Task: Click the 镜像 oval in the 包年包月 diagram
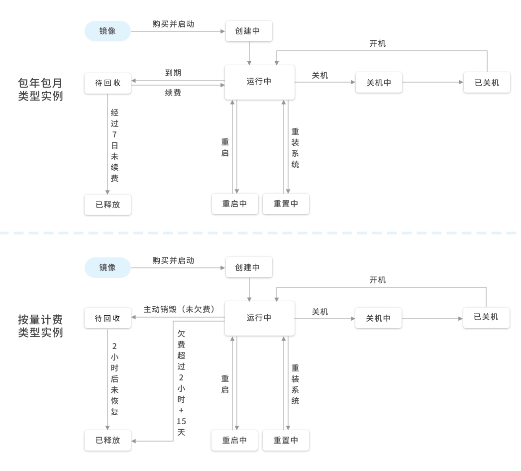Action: click(107, 31)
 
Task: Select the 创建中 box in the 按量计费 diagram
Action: click(249, 267)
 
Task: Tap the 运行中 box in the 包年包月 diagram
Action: click(259, 82)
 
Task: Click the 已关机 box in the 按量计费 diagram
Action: click(486, 318)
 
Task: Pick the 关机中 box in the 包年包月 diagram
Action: click(379, 83)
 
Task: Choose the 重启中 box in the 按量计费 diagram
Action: click(234, 440)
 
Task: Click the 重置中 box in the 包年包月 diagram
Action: click(286, 204)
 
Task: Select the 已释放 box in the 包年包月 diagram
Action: click(107, 205)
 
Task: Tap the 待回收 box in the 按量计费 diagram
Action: click(107, 319)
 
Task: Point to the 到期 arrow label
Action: click(173, 73)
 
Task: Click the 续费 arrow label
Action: click(173, 93)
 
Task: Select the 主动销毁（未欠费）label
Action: click(179, 310)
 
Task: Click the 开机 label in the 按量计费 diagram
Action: click(378, 280)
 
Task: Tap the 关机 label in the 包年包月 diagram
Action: click(319, 76)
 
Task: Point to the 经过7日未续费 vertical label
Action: click(114, 145)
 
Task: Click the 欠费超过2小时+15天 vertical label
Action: click(181, 382)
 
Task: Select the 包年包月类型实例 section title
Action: click(40, 90)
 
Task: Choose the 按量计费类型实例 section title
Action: click(40, 326)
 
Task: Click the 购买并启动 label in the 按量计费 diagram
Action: click(173, 260)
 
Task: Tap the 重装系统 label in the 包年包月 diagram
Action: click(295, 148)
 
